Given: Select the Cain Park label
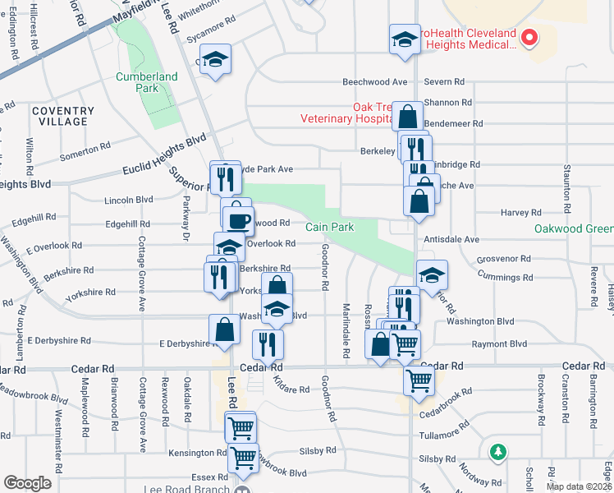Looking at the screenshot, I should coord(330,227).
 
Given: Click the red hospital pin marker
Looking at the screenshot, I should coord(529,37).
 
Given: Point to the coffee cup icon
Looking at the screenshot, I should coord(238,220).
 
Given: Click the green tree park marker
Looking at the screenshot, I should coord(497,451).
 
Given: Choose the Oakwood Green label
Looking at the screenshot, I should coord(573,228).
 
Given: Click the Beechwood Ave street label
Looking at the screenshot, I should coord(375,82).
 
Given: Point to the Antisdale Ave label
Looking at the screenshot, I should coord(451,239).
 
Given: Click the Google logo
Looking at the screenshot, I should coord(27,483).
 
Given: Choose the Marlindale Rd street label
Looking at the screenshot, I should coord(346,331).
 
